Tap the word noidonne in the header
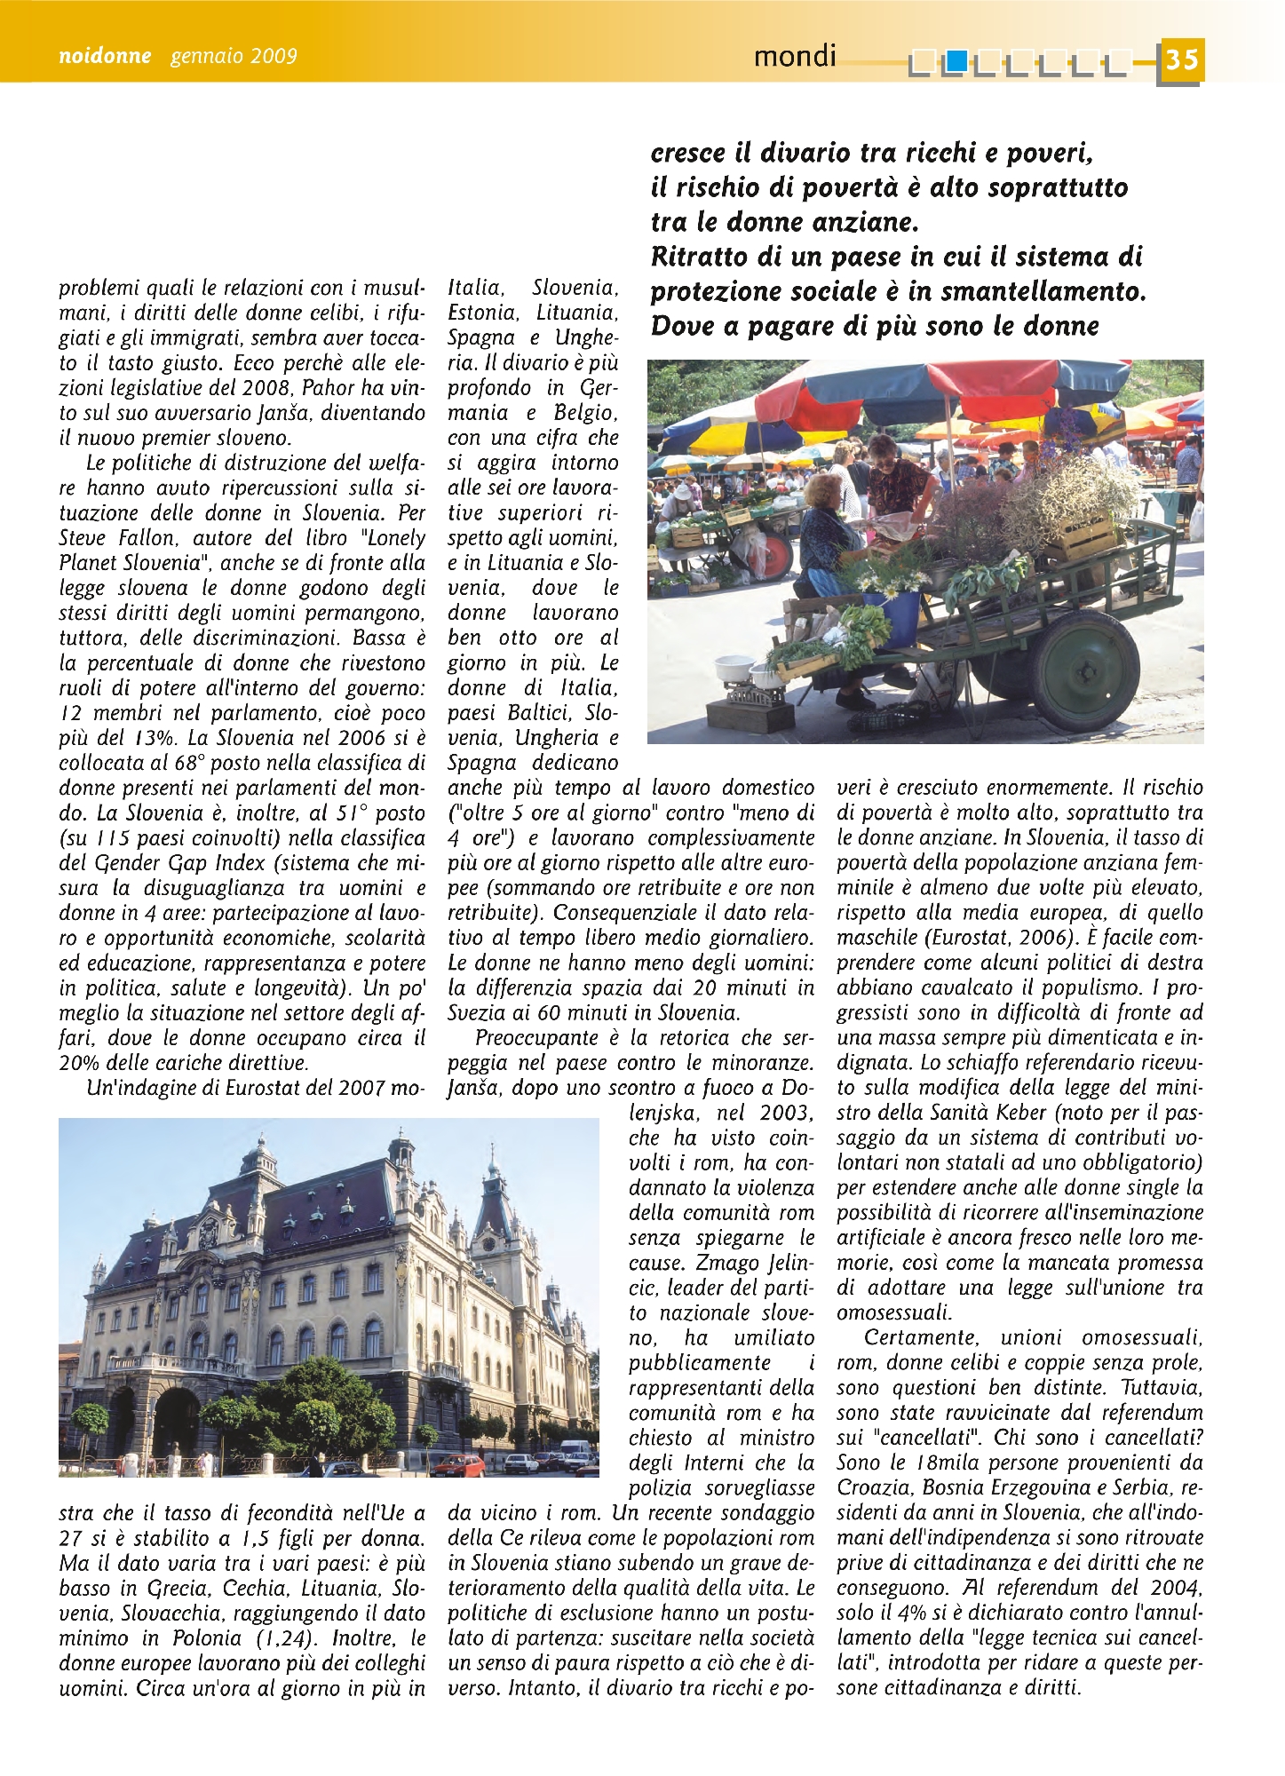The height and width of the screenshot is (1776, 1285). [104, 57]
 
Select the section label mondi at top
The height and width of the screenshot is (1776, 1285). [795, 57]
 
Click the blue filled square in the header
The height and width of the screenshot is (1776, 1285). [956, 61]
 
